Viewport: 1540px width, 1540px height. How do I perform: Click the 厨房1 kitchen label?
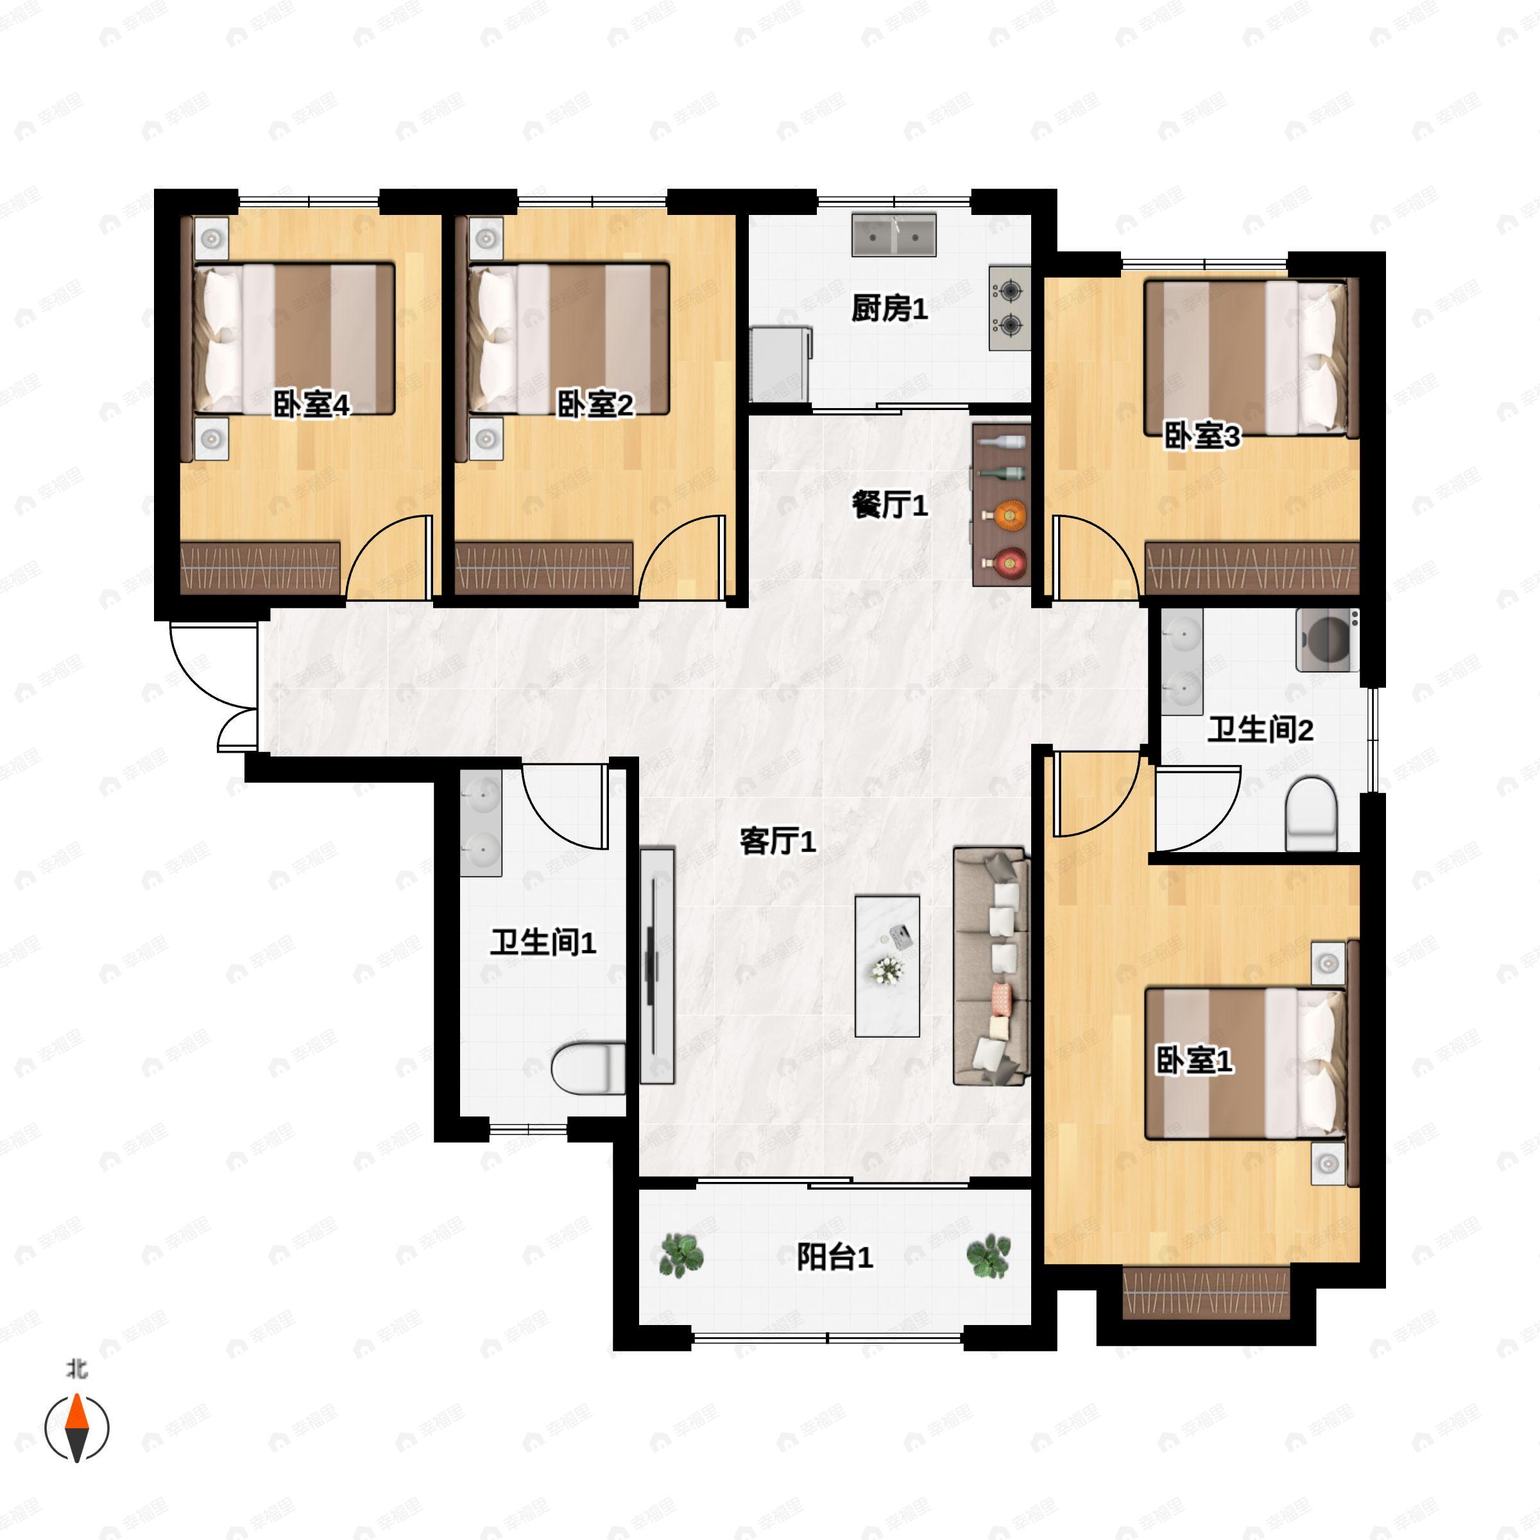(x=889, y=309)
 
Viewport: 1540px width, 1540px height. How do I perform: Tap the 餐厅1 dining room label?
(x=889, y=504)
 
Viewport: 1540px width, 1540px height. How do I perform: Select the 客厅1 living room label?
(x=777, y=841)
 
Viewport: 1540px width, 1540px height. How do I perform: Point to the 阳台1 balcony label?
(x=835, y=1257)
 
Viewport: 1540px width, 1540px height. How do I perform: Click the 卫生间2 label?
(x=1260, y=730)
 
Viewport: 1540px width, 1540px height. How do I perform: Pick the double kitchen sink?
(x=894, y=234)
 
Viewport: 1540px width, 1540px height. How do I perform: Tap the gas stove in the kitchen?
(x=1010, y=308)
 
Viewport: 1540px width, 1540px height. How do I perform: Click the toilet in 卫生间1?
(x=589, y=1068)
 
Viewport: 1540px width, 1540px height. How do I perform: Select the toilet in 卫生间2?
(x=1310, y=814)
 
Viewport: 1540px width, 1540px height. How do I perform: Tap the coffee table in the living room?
(x=887, y=965)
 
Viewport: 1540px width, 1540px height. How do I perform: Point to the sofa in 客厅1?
(x=991, y=966)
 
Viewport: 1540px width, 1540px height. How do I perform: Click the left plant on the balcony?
(x=681, y=1256)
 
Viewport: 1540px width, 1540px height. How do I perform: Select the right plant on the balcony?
(x=988, y=1256)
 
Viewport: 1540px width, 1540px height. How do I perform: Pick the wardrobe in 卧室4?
(x=261, y=567)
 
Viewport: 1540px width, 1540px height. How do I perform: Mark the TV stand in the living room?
(x=657, y=966)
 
